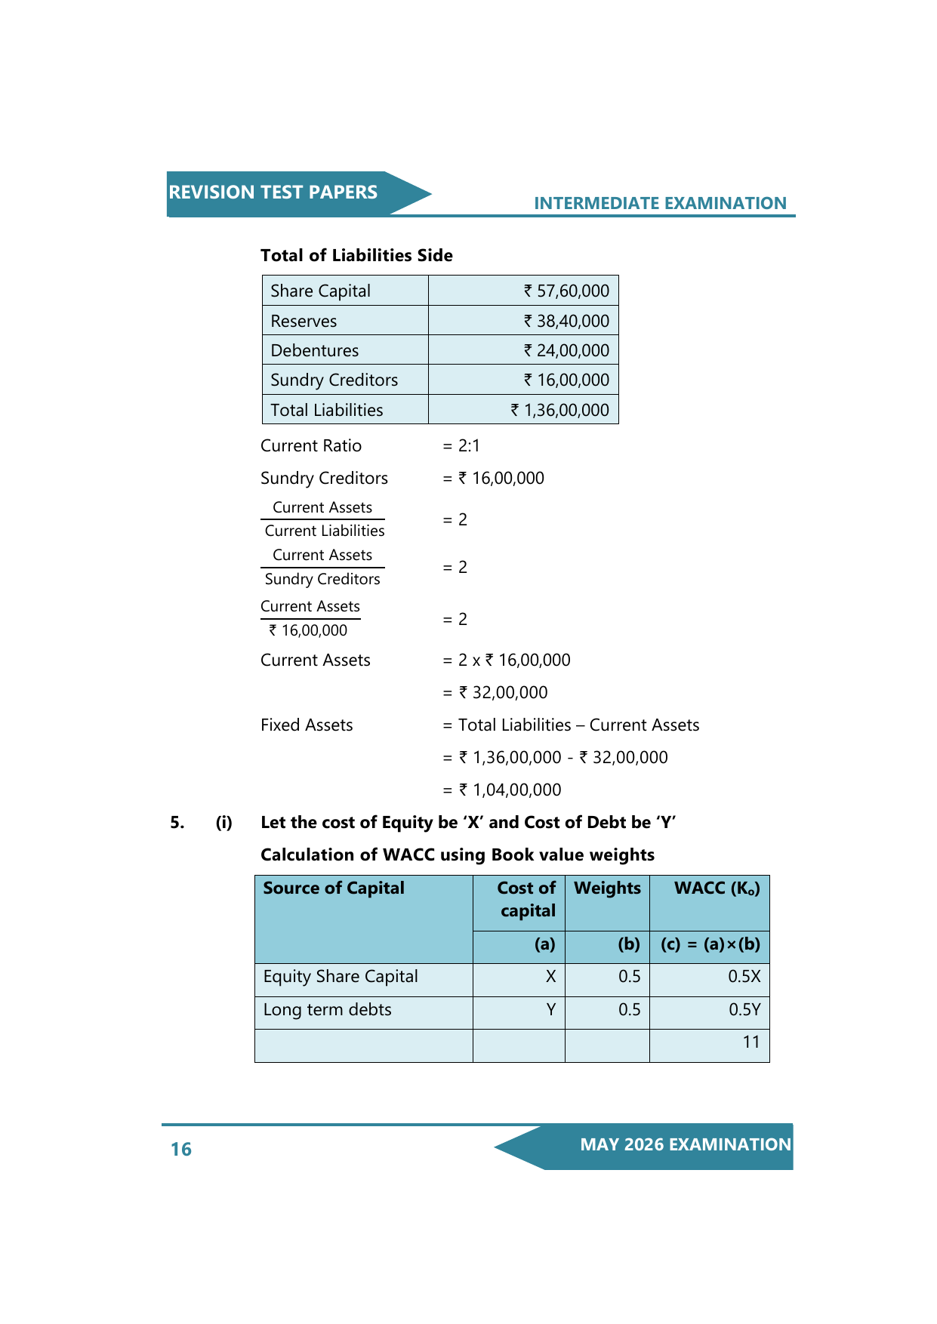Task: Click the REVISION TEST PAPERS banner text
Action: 273,192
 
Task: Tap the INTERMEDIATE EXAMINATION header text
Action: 660,203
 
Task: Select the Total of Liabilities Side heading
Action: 356,255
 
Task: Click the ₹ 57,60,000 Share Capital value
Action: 566,291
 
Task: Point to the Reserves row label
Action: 304,321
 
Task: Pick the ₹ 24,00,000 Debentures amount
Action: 566,350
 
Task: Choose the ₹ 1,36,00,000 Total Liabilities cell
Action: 559,410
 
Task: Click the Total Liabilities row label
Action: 326,410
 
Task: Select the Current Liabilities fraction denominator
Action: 325,531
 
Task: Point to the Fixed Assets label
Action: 307,725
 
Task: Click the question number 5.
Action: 177,822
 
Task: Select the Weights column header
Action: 607,888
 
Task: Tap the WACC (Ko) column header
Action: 717,888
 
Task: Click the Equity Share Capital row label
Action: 341,976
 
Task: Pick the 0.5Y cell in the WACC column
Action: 744,1009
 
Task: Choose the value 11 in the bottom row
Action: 751,1042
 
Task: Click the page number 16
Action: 181,1149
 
